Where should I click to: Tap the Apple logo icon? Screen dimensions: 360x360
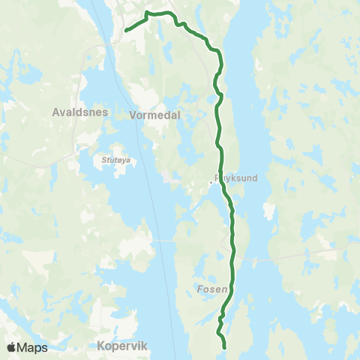[12, 347]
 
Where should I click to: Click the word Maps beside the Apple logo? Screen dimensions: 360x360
[33, 347]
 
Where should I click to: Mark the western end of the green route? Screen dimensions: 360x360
[124, 30]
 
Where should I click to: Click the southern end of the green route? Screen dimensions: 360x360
[224, 347]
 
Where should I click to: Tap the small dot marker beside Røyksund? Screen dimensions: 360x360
[211, 181]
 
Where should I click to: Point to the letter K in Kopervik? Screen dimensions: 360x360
[100, 346]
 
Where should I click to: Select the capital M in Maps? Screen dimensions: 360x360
[24, 347]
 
